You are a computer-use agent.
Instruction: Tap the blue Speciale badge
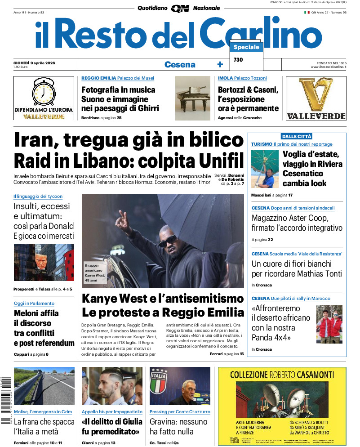pyautogui.click(x=246, y=47)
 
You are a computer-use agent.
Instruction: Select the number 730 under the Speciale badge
pyautogui.click(x=238, y=60)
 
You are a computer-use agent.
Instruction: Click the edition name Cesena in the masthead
pyautogui.click(x=180, y=64)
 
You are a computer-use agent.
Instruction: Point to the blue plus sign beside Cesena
pyautogui.click(x=220, y=65)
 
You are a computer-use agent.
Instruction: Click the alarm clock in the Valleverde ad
pyautogui.click(x=44, y=92)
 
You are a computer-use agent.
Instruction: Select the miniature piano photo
pyautogui.click(x=192, y=98)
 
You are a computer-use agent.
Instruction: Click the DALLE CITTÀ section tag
pyautogui.click(x=296, y=136)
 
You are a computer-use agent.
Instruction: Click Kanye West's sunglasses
pyautogui.click(x=167, y=241)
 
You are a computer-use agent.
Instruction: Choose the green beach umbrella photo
pyautogui.click(x=265, y=169)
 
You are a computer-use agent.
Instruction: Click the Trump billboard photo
pyautogui.click(x=44, y=262)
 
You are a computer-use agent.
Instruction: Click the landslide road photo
pyautogui.click(x=44, y=386)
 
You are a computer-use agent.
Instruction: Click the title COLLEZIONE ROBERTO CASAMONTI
pyautogui.click(x=282, y=374)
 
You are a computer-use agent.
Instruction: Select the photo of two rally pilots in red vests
pyautogui.click(x=329, y=324)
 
